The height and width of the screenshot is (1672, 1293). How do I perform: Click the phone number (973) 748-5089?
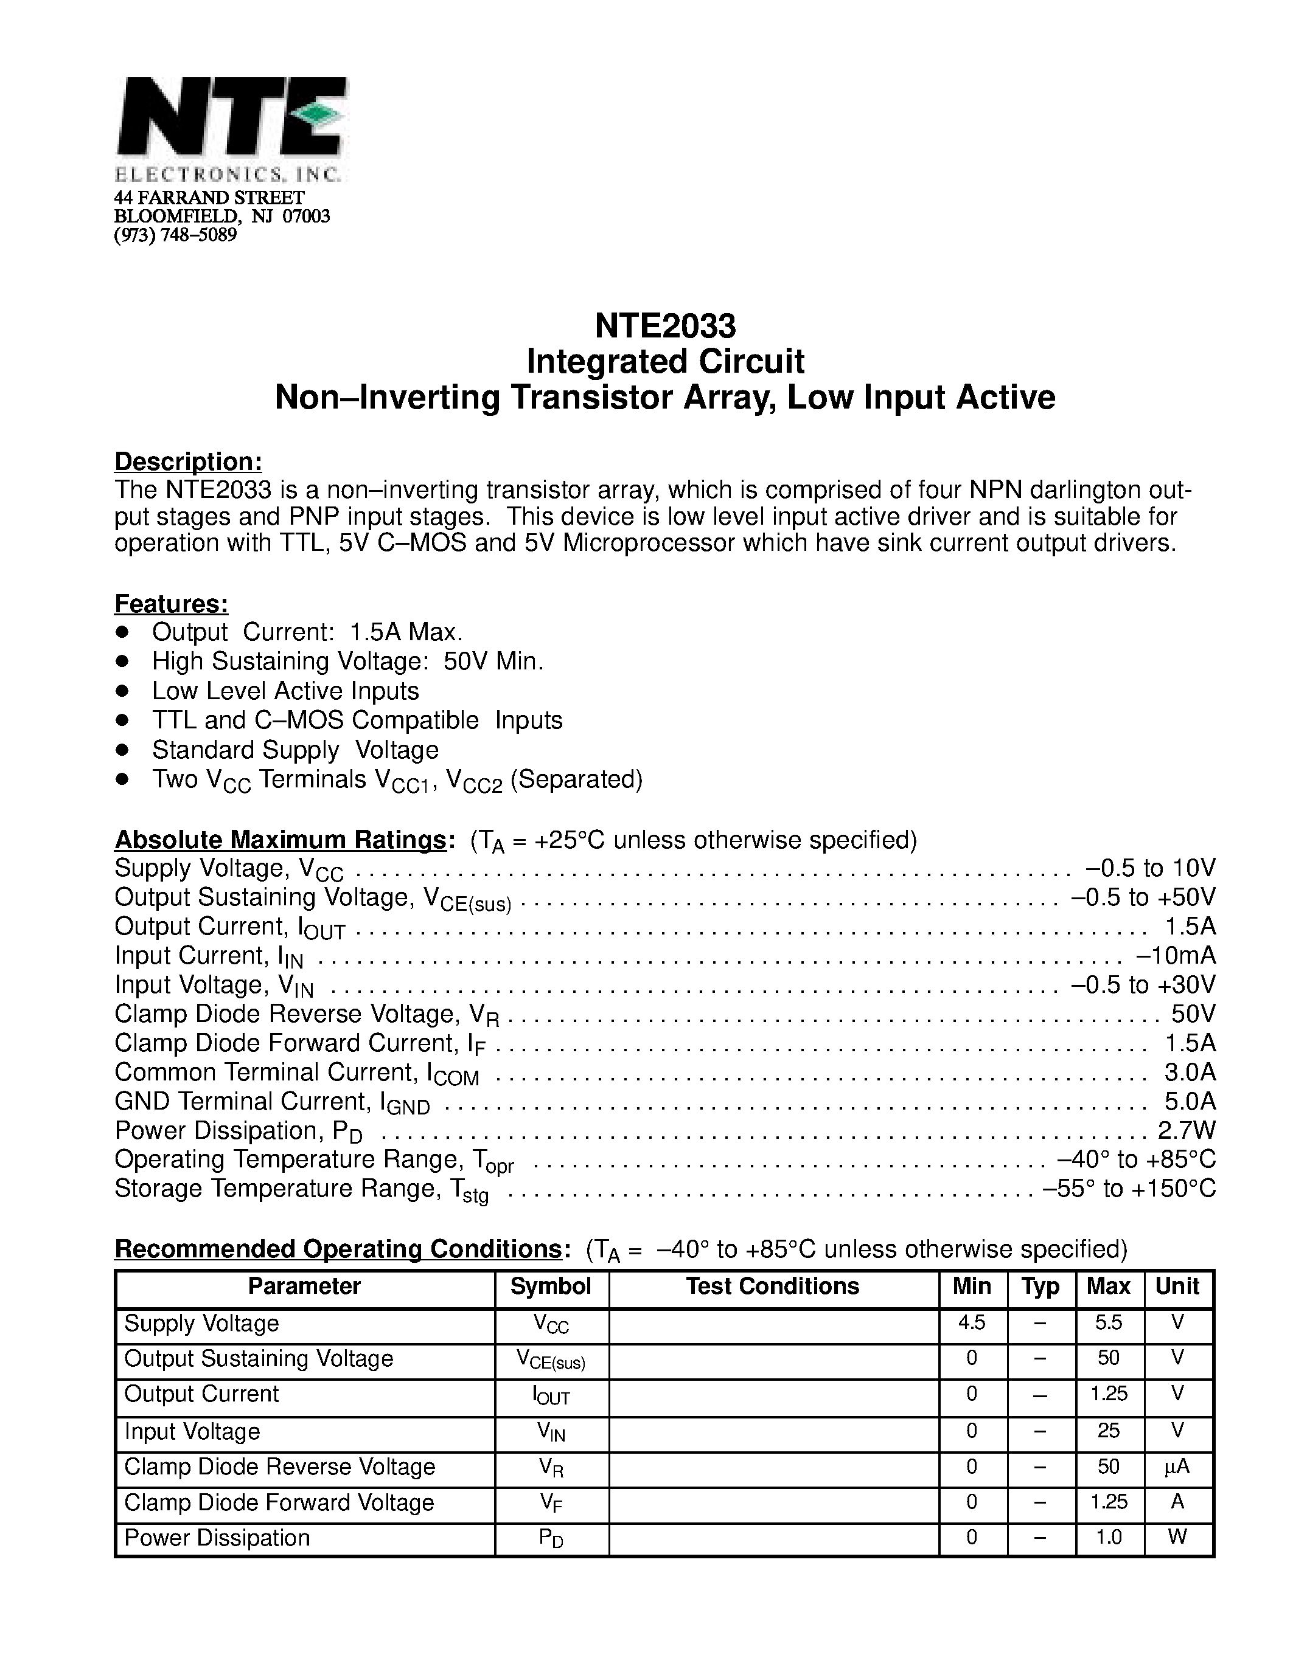coord(175,235)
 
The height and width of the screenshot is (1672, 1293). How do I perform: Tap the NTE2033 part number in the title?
coord(665,326)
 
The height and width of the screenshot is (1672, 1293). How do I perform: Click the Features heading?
coord(172,604)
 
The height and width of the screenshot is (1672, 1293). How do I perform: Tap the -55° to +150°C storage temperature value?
coord(1129,1189)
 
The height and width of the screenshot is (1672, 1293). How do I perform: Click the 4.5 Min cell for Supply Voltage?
coord(971,1323)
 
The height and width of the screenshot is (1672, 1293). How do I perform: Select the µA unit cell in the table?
coord(1177,1467)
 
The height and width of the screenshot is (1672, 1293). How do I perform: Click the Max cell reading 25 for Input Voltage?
coord(1109,1431)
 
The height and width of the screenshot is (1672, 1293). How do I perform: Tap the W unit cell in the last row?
coord(1177,1537)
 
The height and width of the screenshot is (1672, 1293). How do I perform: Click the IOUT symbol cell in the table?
coord(551,1397)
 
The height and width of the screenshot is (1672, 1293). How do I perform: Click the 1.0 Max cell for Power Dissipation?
coord(1109,1537)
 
